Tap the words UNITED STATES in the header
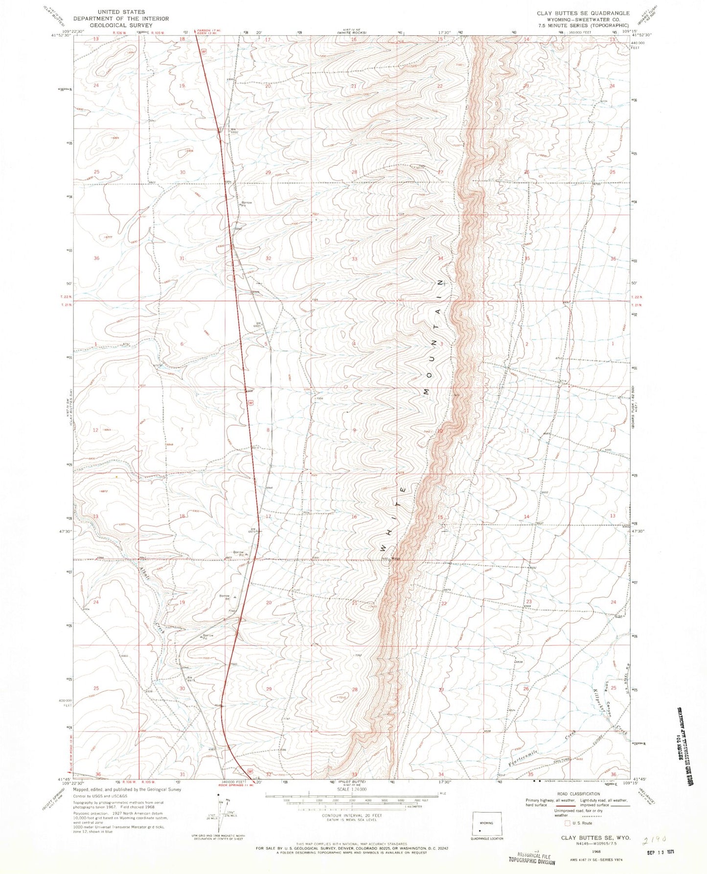[x=121, y=11]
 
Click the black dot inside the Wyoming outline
[x=480, y=830]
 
